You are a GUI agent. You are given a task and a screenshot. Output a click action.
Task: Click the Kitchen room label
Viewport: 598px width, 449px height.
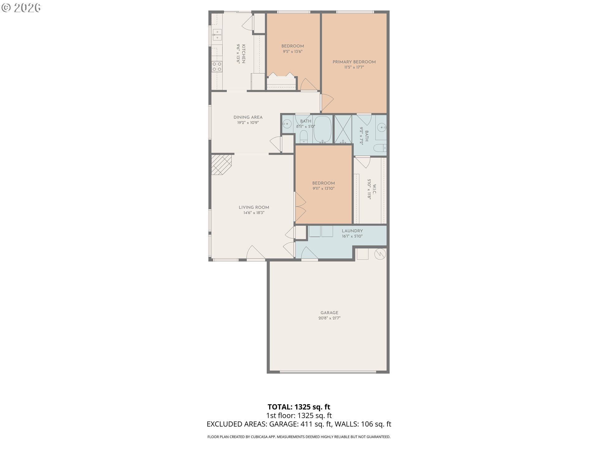[x=244, y=54]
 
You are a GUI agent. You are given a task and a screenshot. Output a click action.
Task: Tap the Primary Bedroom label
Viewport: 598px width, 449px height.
[x=354, y=62]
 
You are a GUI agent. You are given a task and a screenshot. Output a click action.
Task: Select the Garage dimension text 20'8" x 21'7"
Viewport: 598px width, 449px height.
[x=329, y=318]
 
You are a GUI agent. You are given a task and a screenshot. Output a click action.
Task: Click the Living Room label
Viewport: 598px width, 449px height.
[x=254, y=207]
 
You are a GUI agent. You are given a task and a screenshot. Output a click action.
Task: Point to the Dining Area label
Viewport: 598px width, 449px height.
[x=248, y=117]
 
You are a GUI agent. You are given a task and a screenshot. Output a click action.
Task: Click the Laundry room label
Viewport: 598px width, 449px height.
[x=352, y=231]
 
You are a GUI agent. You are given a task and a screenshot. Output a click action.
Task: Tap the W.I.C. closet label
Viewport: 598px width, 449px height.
[x=374, y=189]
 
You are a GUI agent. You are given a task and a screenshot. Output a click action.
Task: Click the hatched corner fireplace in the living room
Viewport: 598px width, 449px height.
[x=222, y=164]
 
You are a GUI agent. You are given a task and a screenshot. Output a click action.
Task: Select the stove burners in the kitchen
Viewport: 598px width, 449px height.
[x=217, y=66]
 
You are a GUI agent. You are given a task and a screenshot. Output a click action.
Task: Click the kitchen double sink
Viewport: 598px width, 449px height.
[x=217, y=35]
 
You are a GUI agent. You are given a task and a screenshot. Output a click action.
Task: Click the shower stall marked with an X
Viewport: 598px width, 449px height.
[x=343, y=129]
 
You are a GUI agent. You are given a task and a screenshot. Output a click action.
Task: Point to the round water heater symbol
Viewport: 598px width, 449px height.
[x=380, y=254]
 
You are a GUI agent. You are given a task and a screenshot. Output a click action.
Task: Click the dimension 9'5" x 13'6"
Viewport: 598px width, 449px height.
[x=292, y=51]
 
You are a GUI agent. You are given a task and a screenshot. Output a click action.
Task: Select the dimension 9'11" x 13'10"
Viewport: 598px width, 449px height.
[x=324, y=188]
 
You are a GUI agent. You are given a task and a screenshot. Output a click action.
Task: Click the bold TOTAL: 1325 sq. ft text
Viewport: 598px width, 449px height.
[x=299, y=407]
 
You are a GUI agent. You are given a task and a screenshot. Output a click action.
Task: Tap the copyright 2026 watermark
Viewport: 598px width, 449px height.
[x=21, y=8]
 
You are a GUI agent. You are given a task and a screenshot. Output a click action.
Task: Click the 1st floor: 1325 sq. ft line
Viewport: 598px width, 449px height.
[x=299, y=415]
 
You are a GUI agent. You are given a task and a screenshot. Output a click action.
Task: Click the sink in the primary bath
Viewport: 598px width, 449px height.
[x=381, y=127]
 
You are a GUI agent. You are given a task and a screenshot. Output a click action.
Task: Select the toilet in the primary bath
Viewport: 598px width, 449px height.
[x=380, y=148]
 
